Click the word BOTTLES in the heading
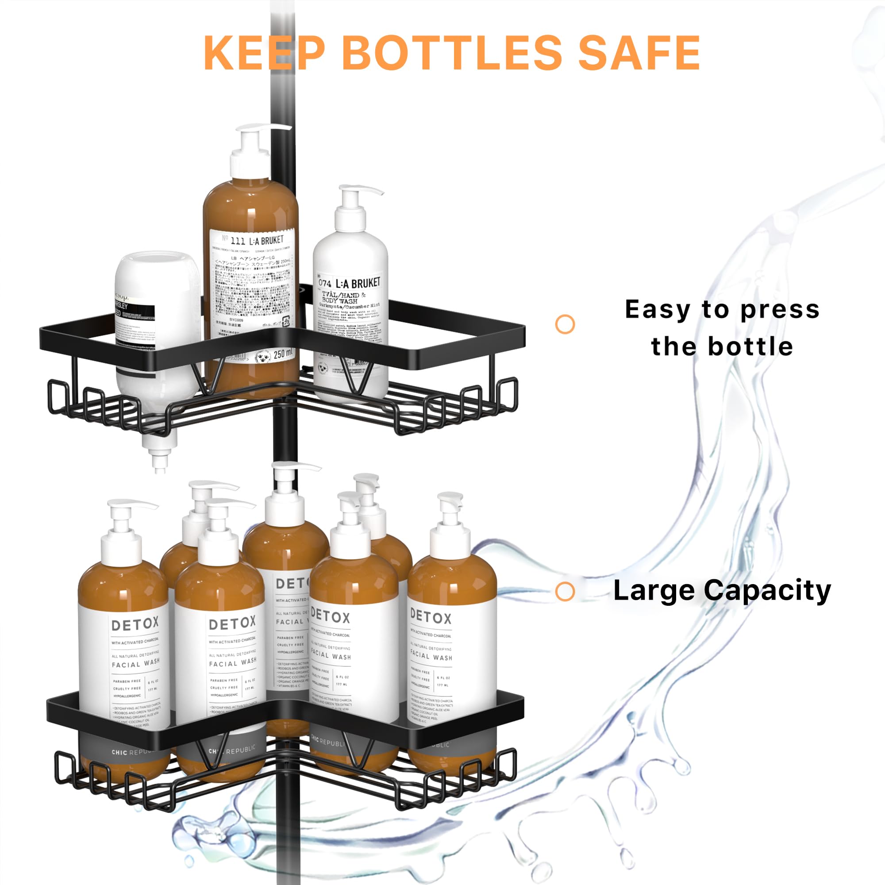point(451,53)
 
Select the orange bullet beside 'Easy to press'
point(565,324)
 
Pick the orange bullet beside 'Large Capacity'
point(565,591)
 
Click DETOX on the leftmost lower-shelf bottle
point(135,624)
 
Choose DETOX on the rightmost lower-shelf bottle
point(431,617)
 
